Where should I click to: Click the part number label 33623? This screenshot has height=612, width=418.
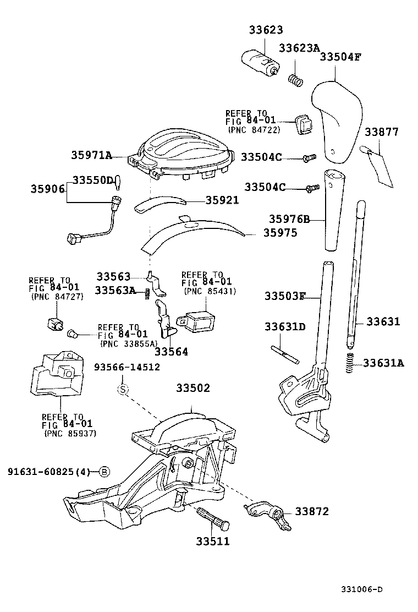(265, 31)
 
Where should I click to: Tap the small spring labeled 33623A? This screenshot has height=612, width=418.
(296, 80)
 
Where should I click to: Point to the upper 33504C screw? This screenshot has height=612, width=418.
(308, 158)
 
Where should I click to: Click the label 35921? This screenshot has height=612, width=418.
(222, 200)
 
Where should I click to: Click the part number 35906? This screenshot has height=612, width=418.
(47, 189)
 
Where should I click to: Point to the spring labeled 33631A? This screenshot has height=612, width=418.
(350, 363)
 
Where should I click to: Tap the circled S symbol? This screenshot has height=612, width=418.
(123, 390)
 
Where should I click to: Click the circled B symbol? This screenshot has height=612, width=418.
(105, 471)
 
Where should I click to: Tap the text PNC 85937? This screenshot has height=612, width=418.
(70, 433)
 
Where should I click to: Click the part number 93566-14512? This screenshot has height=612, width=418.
(127, 367)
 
